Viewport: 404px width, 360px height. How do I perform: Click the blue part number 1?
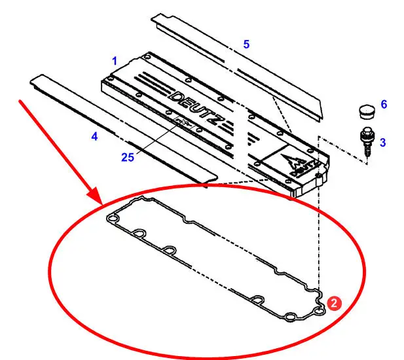pyautogui.click(x=115, y=61)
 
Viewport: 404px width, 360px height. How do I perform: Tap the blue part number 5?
pyautogui.click(x=247, y=45)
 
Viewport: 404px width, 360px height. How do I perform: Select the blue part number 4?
pyautogui.click(x=94, y=136)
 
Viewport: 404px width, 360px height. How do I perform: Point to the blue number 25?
pyautogui.click(x=128, y=157)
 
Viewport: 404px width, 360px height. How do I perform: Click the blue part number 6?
pyautogui.click(x=384, y=104)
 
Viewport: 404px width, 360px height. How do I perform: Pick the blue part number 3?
pyautogui.click(x=383, y=143)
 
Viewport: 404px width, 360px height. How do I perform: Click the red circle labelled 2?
pyautogui.click(x=334, y=303)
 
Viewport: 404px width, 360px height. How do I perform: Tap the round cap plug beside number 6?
pyautogui.click(x=367, y=111)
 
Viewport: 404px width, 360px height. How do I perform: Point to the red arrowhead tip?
pyautogui.click(x=102, y=205)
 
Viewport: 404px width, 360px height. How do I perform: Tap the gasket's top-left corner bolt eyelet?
pyautogui.click(x=113, y=219)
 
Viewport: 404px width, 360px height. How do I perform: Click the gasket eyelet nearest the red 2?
pyautogui.click(x=320, y=312)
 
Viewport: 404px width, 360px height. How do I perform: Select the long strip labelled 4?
pyautogui.click(x=124, y=129)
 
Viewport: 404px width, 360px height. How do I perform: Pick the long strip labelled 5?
pyautogui.click(x=236, y=67)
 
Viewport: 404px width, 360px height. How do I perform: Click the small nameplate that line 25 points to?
pyautogui.click(x=184, y=122)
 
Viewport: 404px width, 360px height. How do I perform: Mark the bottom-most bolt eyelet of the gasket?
pyautogui.click(x=291, y=317)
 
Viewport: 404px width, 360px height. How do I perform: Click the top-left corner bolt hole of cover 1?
pyautogui.click(x=147, y=57)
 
